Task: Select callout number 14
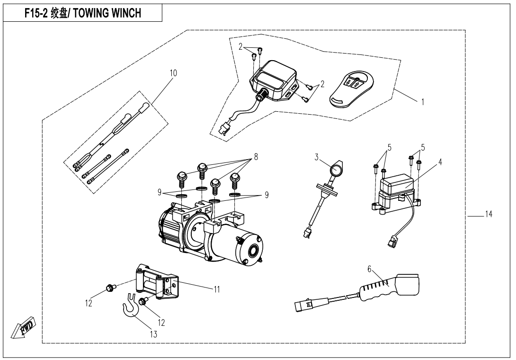point(488,215)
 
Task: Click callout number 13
point(153,334)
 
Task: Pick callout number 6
point(369,269)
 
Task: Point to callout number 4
point(440,162)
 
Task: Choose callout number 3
point(316,156)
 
